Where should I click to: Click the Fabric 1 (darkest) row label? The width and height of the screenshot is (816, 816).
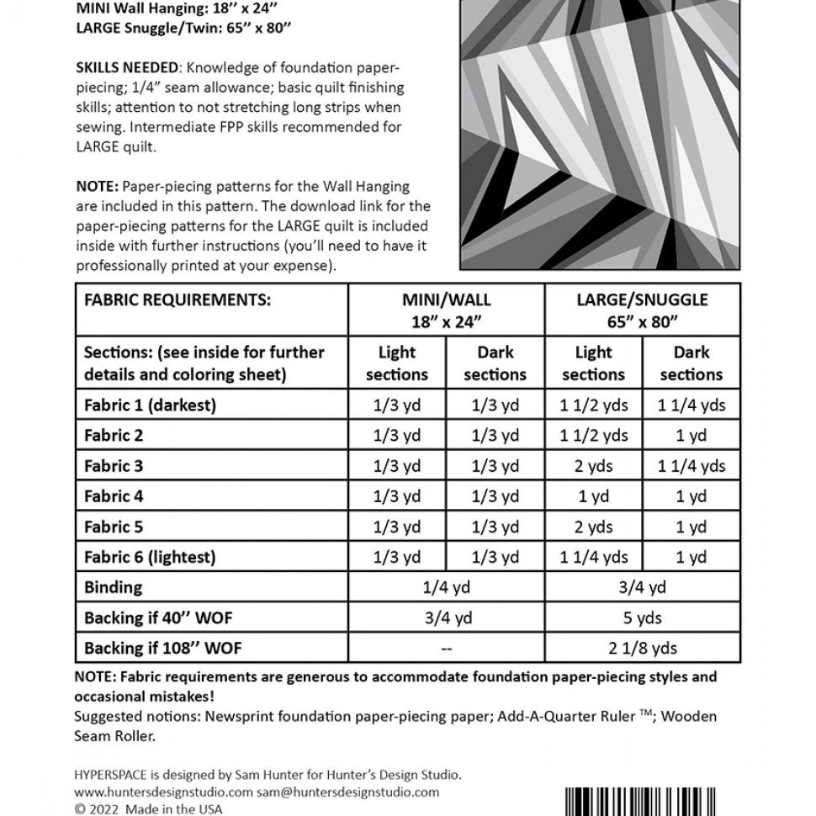[151, 405]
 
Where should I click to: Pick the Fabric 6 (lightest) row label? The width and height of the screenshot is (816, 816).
[150, 557]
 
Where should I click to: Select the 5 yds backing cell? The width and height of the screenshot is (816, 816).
[643, 618]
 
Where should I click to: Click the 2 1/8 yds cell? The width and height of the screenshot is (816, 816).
[643, 649]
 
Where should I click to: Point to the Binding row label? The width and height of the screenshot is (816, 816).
[114, 587]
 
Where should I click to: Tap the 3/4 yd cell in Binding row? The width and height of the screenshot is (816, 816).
[643, 587]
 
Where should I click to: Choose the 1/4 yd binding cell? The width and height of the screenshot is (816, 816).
[447, 587]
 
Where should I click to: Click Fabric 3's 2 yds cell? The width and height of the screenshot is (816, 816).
[594, 466]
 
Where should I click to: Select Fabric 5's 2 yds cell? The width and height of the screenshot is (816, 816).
[594, 527]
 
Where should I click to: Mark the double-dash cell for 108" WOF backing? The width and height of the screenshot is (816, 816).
[447, 649]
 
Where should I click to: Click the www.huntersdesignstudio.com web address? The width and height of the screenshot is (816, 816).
[164, 792]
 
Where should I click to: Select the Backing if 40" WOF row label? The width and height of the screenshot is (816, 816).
[158, 618]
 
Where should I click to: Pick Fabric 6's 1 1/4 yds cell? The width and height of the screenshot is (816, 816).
[594, 557]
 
